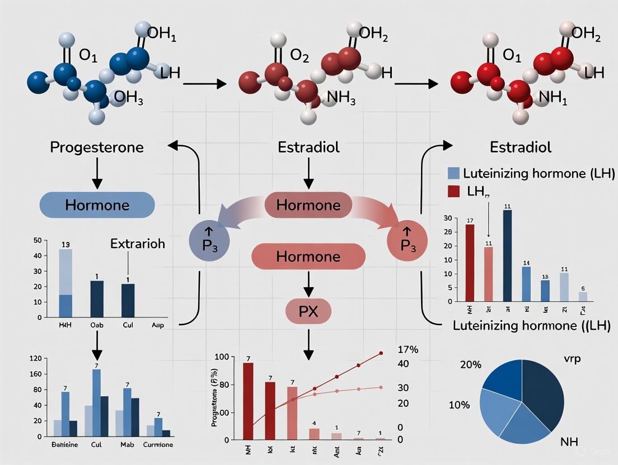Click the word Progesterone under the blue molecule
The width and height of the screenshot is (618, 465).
[97, 148]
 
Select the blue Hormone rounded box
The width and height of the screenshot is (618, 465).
[97, 205]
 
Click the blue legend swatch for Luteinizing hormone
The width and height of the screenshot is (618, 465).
[454, 173]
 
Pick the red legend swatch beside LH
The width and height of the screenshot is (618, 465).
[454, 192]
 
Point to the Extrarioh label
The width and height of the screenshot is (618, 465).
[138, 244]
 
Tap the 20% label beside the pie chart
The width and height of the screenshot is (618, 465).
[471, 364]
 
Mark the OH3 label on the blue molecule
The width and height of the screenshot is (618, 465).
[128, 98]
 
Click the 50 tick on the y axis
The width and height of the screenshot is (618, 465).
[38, 240]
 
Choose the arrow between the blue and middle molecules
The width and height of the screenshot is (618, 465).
[204, 84]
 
